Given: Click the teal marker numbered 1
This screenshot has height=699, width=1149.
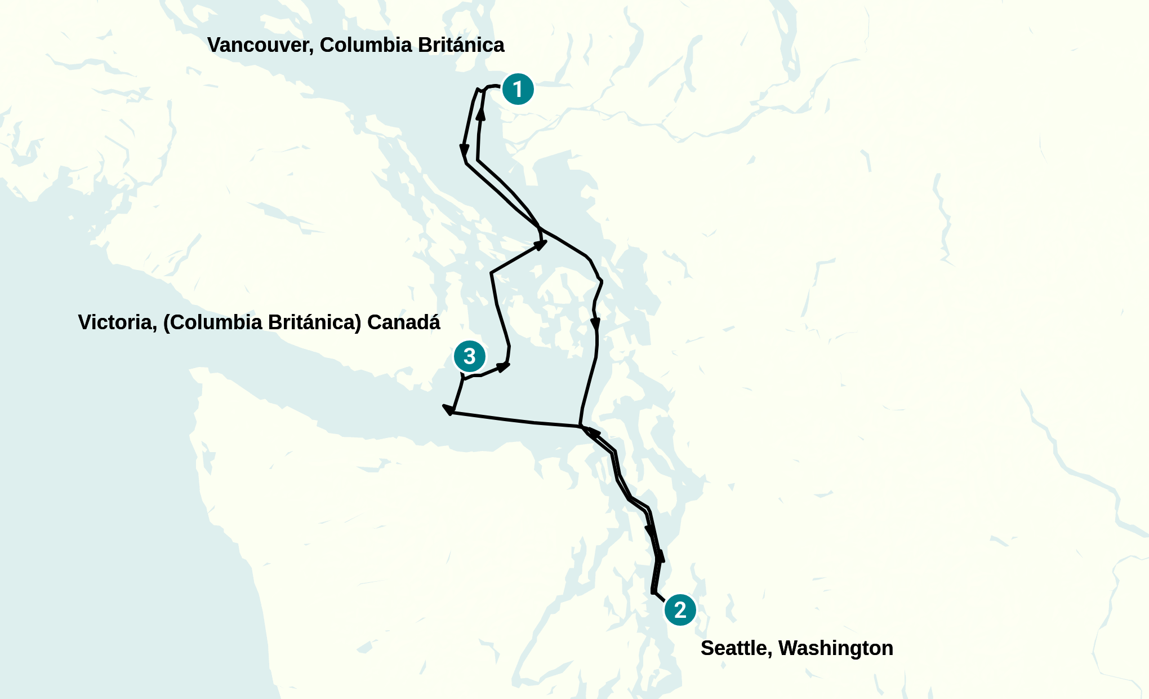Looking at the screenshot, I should click(x=518, y=89).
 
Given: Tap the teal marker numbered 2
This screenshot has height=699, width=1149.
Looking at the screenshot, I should click(x=680, y=610).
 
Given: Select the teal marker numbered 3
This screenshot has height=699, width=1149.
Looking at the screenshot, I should click(x=469, y=356).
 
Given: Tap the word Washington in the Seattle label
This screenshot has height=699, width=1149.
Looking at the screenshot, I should click(x=836, y=648).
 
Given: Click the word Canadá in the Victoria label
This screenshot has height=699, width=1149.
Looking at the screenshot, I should click(x=403, y=322).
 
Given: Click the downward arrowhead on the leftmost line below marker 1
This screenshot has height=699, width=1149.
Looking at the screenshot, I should click(x=464, y=151).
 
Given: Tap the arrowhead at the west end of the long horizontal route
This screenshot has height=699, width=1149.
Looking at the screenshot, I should click(x=449, y=409).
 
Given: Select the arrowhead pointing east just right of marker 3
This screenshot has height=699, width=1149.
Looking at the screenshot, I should click(x=504, y=367).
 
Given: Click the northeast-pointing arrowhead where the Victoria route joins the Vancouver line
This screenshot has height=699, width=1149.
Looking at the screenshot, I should click(x=540, y=245).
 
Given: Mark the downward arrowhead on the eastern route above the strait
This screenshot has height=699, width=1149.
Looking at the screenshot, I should click(x=595, y=325).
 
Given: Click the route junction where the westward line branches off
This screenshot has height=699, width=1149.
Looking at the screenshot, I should click(x=581, y=426).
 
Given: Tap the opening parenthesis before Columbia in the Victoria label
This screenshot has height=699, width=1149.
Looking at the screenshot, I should click(x=167, y=322).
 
